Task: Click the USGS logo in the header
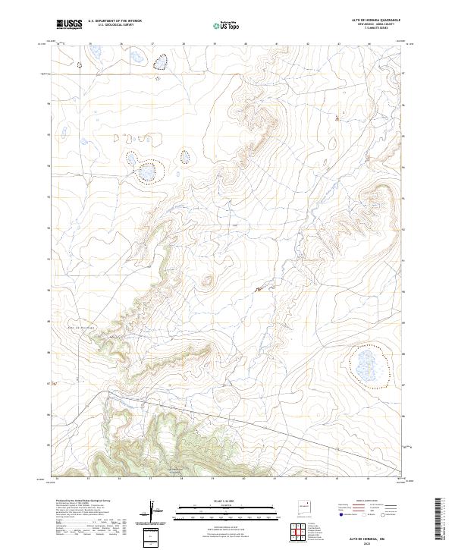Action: coord(69,24)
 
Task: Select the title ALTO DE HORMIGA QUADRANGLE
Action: coord(376,19)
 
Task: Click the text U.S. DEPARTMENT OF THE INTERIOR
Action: coord(115,21)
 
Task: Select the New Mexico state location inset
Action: coord(305,506)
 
